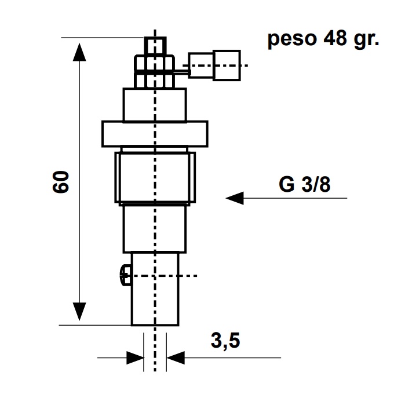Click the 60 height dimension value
(62, 182)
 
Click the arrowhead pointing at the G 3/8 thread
(235, 198)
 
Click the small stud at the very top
(155, 45)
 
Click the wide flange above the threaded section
(154, 133)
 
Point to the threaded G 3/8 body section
(154, 177)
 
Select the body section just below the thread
(154, 229)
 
